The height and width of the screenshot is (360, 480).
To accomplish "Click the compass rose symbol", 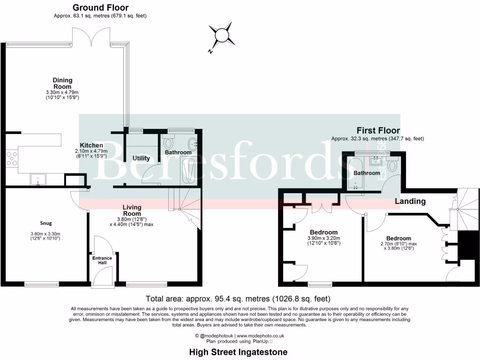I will (x=221, y=36).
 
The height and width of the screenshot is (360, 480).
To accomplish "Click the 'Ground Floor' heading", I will (x=100, y=7).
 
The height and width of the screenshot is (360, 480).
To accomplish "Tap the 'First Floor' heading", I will (x=378, y=130).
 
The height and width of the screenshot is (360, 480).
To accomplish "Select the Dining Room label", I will (x=62, y=83).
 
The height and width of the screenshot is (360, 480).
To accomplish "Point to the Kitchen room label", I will (x=91, y=145).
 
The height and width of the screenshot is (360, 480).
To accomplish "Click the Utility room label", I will (x=141, y=158).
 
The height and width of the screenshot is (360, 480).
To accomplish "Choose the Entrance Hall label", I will (x=102, y=260).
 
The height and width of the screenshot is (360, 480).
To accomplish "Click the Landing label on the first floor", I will (x=410, y=201).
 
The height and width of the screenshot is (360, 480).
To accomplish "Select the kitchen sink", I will (x=37, y=178).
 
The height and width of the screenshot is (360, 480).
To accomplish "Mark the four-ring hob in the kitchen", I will (x=12, y=159).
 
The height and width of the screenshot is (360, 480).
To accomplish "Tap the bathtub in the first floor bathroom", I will (x=355, y=173).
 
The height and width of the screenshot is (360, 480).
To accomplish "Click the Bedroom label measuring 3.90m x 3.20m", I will (x=323, y=232).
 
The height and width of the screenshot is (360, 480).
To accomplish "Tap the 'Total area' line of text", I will (x=238, y=299).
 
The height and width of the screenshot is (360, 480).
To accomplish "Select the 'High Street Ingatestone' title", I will (x=238, y=352).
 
